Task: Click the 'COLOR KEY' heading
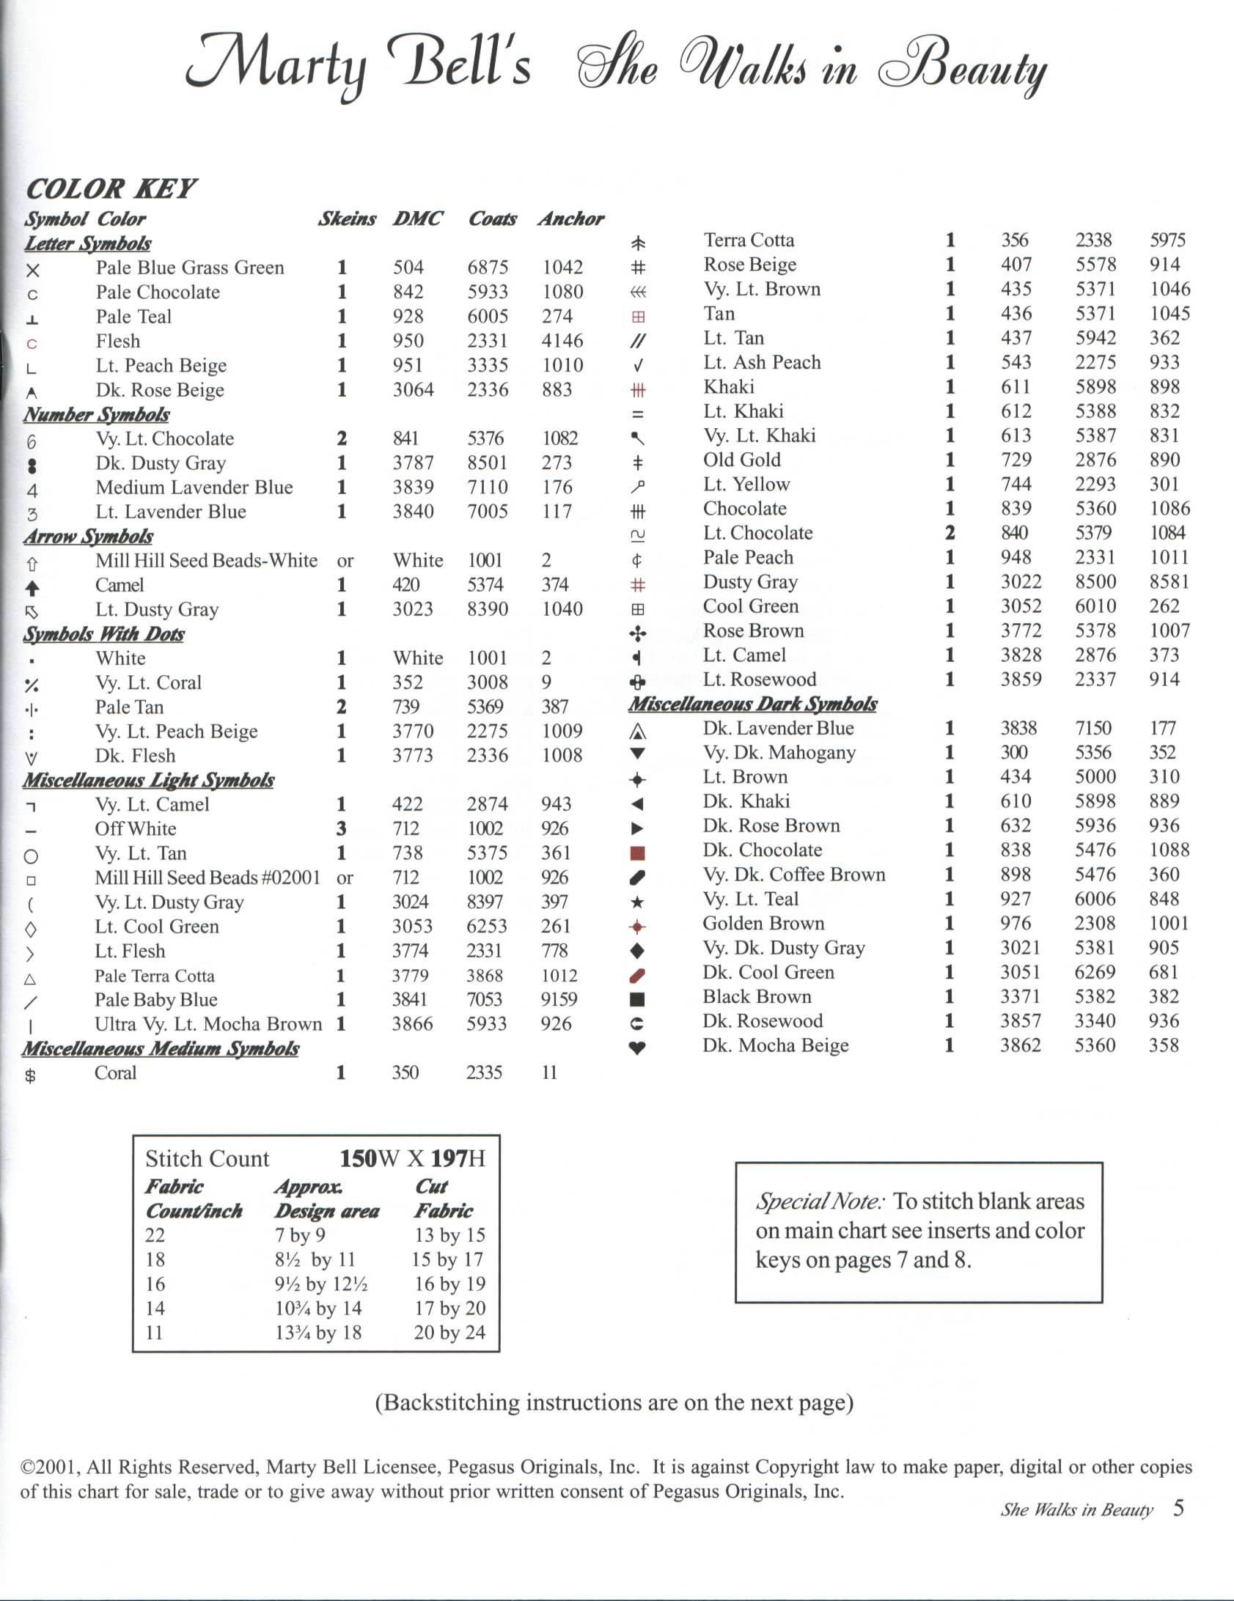pyautogui.click(x=111, y=189)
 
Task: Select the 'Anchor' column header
pyautogui.click(x=571, y=218)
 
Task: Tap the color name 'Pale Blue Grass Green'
pyautogui.click(x=190, y=268)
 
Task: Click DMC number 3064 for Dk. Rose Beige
pyautogui.click(x=413, y=389)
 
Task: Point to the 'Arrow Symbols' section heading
pyautogui.click(x=88, y=536)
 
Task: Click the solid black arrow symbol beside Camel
pyautogui.click(x=32, y=587)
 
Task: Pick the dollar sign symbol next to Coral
pyautogui.click(x=31, y=1075)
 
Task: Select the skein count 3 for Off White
pyautogui.click(x=342, y=828)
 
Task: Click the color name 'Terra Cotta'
pyautogui.click(x=749, y=240)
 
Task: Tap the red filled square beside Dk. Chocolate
pyautogui.click(x=637, y=853)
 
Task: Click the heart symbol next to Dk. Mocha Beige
pyautogui.click(x=637, y=1048)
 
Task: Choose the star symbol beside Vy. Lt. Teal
pyautogui.click(x=637, y=902)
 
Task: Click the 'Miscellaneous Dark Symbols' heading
pyautogui.click(x=752, y=704)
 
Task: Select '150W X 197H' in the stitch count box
pyautogui.click(x=412, y=1158)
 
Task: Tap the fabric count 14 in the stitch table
pyautogui.click(x=155, y=1308)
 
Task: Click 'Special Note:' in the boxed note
pyautogui.click(x=820, y=1201)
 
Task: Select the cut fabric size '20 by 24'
pyautogui.click(x=449, y=1332)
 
